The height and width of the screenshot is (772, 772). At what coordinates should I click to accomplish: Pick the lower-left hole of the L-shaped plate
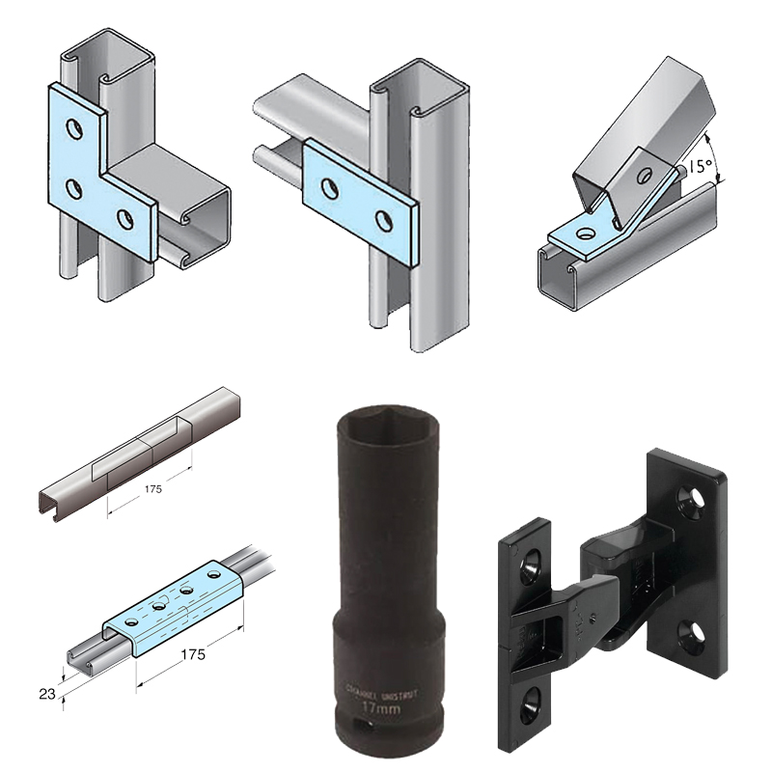[x=71, y=185]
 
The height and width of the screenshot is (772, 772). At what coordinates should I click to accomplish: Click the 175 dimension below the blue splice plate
[x=192, y=653]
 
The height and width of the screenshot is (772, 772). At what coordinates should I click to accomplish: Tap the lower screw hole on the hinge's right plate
[x=692, y=632]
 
